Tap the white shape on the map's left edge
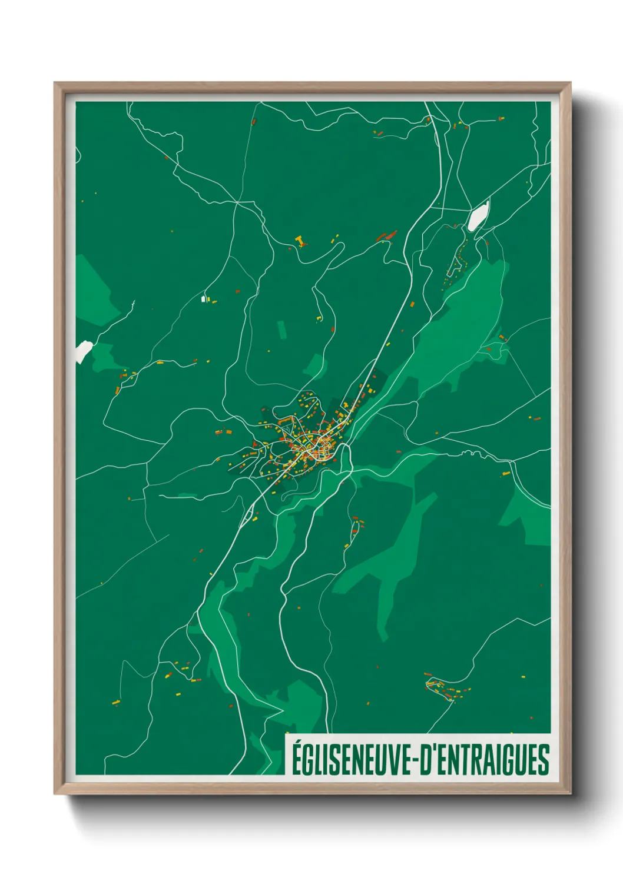click(83, 351)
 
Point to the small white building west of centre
click(204, 299)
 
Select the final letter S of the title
click(544, 760)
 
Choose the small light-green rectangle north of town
click(281, 330)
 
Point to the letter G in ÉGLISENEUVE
click(309, 760)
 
